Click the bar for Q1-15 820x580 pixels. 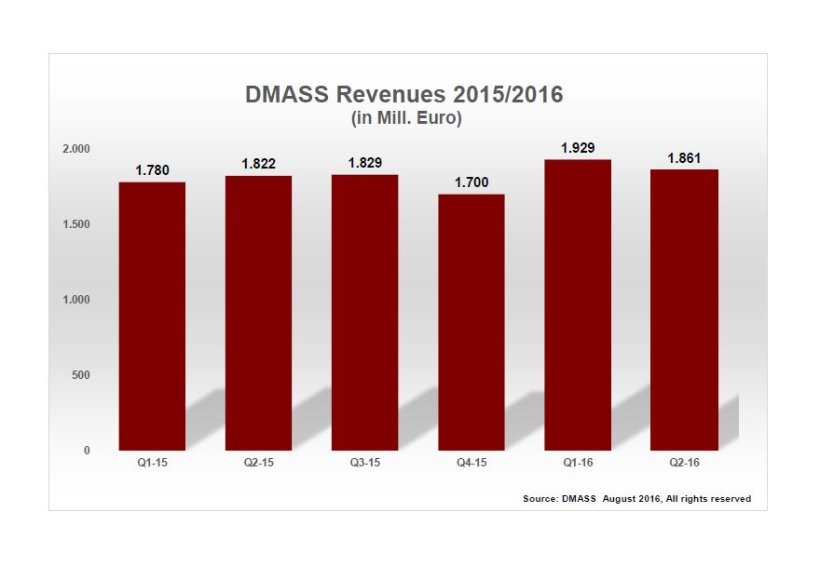[x=152, y=316]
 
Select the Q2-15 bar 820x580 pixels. [x=258, y=313]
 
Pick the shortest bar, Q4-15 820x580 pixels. [x=471, y=322]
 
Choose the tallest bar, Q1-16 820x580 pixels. [x=578, y=304]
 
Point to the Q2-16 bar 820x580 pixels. [x=684, y=309]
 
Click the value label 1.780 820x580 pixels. [x=152, y=170]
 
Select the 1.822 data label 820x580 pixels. [x=258, y=164]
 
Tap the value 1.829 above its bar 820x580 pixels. [x=364, y=163]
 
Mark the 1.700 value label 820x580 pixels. [x=471, y=182]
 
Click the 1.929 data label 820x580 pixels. [x=578, y=148]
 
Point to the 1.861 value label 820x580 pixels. [x=684, y=158]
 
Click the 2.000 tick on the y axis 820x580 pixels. [x=76, y=149]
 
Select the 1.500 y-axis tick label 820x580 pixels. [x=76, y=224]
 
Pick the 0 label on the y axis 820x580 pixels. [x=87, y=451]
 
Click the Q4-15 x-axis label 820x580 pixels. [x=471, y=463]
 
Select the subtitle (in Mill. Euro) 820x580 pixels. [x=406, y=118]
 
